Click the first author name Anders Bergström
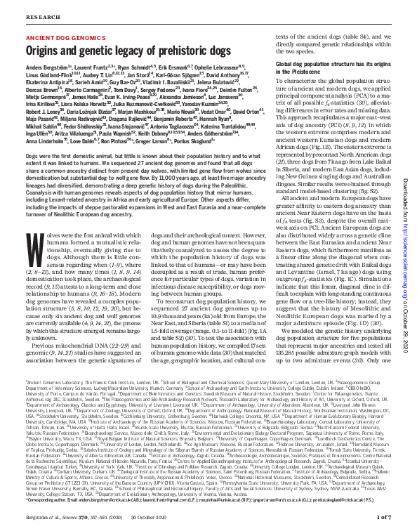[46, 66]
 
